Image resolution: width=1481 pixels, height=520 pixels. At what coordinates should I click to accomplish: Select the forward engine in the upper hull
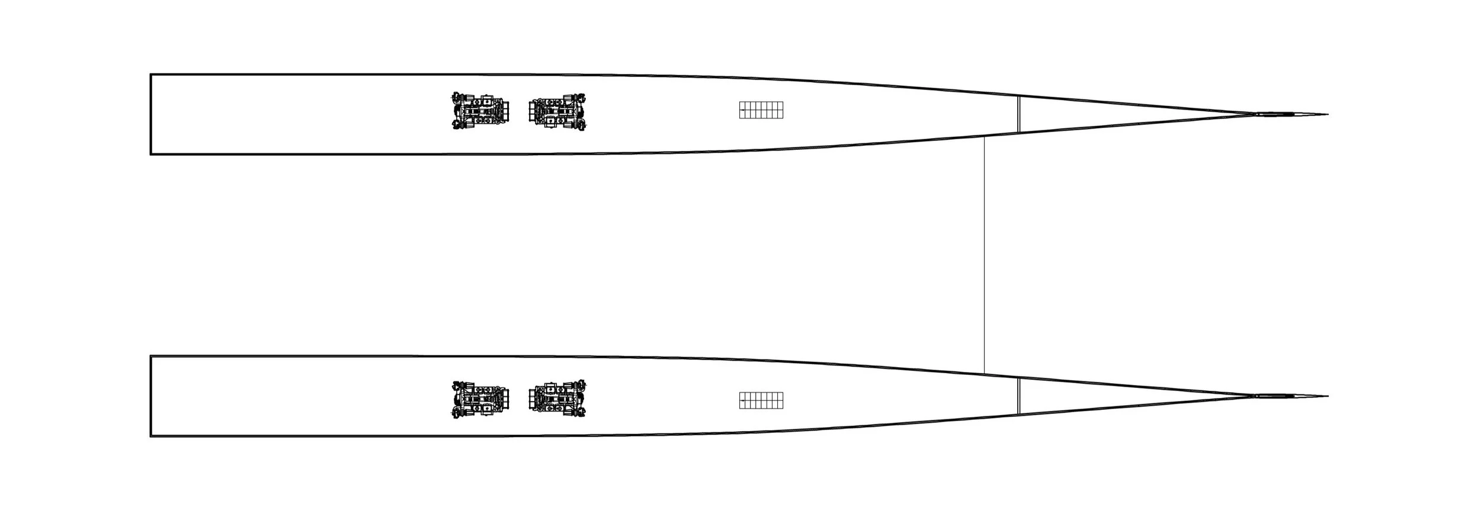(557, 111)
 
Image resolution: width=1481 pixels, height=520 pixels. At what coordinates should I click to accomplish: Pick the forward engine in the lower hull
(557, 399)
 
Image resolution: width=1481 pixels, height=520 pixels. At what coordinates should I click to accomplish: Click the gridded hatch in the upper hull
(761, 110)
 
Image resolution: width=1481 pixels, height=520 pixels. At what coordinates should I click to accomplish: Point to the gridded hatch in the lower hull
(761, 400)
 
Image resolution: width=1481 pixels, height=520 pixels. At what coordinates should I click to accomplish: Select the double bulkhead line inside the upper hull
(1019, 114)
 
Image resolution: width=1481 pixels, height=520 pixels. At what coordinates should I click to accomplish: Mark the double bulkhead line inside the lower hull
(1019, 396)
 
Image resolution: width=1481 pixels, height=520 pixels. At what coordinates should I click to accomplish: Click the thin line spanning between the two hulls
(984, 255)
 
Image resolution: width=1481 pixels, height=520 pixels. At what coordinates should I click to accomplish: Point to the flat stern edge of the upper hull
(151, 114)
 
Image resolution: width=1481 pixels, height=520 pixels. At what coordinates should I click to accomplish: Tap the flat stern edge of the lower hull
(151, 396)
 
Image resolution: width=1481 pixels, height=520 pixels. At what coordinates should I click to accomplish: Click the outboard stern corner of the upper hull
(151, 75)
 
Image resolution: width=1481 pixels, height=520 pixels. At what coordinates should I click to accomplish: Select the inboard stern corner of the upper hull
(151, 154)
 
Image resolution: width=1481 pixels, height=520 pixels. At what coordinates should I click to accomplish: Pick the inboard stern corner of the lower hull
(151, 357)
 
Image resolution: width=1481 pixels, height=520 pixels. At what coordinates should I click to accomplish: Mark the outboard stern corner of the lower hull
(151, 436)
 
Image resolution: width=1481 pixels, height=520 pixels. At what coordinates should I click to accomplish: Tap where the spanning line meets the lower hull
(984, 374)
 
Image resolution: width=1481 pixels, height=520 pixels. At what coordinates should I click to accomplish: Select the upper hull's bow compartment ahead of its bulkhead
(1096, 114)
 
